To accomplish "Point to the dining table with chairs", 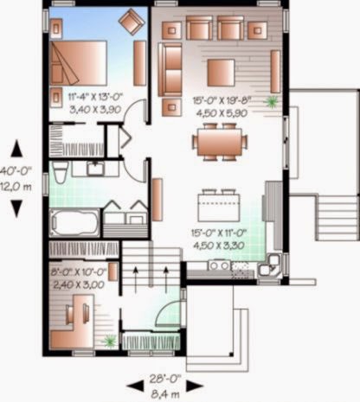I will pos(218,141).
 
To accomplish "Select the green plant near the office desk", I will pos(109,341).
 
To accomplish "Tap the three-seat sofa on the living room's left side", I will pos(170,68).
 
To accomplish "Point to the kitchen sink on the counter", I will pos(218,265).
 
